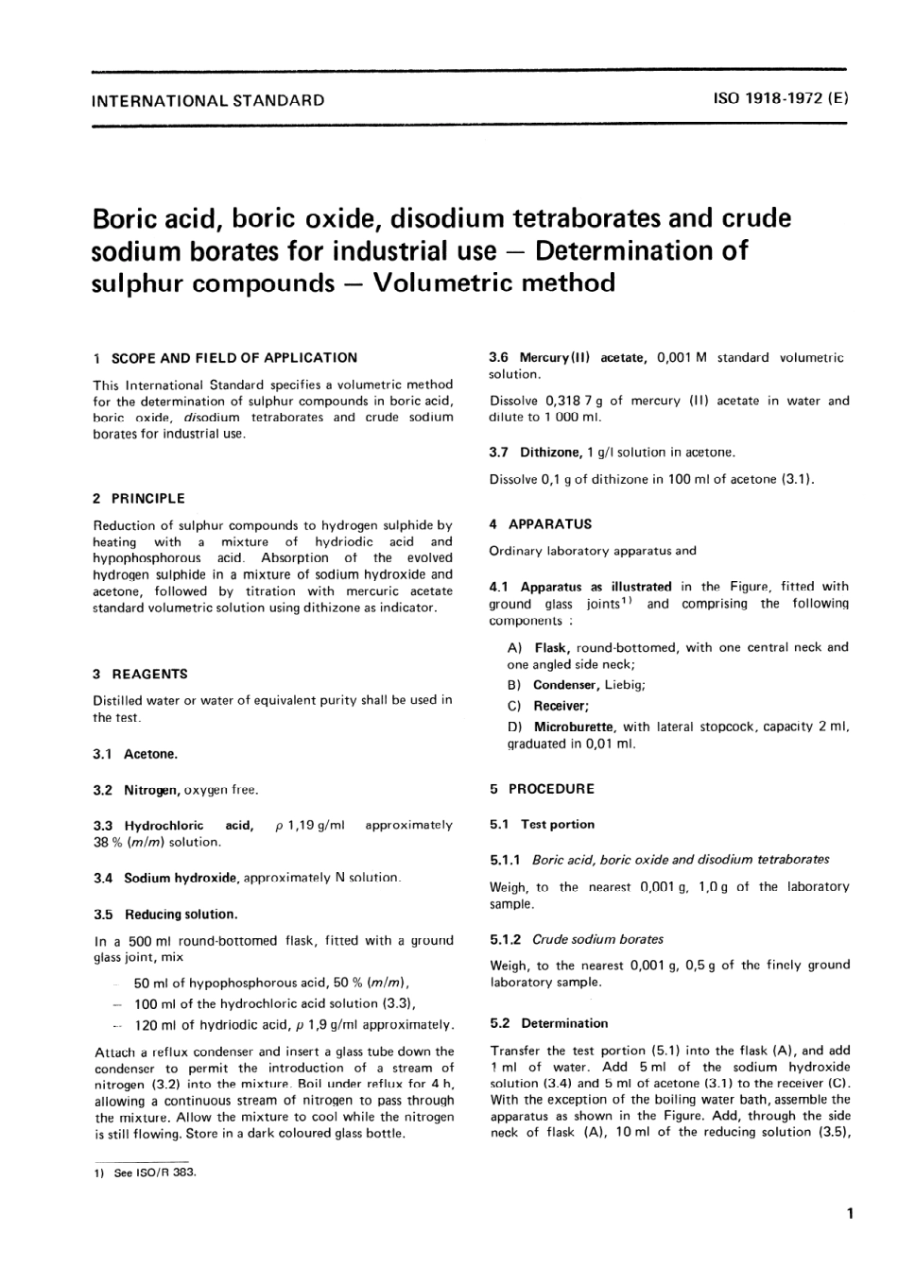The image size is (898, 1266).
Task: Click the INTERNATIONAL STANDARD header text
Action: pyautogui.click(x=208, y=100)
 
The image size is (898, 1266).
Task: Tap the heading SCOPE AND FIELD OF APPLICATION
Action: pyautogui.click(x=234, y=358)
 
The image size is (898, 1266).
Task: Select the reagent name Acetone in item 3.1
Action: pyautogui.click(x=150, y=754)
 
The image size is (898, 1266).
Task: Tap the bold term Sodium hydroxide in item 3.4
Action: pyautogui.click(x=181, y=878)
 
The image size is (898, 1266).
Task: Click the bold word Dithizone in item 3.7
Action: pyautogui.click(x=551, y=453)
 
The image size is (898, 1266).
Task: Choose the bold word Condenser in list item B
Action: pyautogui.click(x=565, y=685)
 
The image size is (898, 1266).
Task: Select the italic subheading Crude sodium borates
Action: pyautogui.click(x=597, y=939)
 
